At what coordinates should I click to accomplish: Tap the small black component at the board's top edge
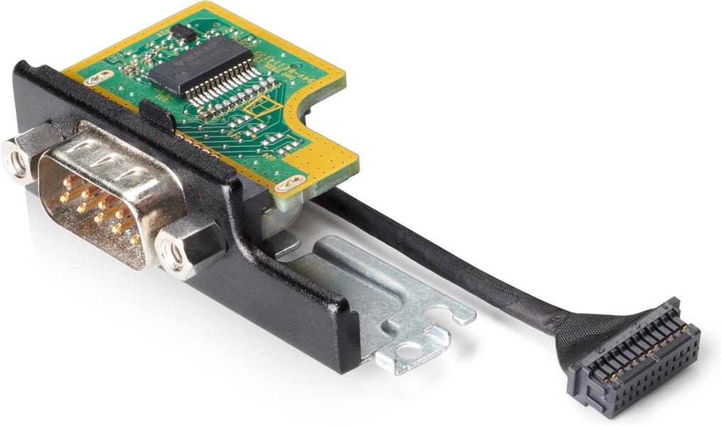click(183, 32)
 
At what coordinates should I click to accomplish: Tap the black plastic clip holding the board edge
click(158, 114)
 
